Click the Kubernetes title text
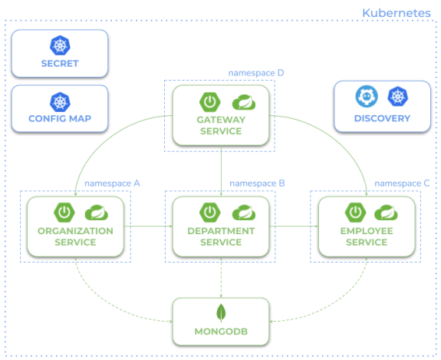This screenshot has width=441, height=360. (397, 12)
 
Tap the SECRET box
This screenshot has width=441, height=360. (60, 53)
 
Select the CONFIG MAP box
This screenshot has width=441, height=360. (60, 108)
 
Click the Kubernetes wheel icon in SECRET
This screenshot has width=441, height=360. (60, 44)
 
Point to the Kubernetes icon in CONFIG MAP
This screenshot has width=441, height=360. (60, 100)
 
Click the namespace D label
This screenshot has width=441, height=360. (256, 73)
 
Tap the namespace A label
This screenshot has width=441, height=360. (112, 183)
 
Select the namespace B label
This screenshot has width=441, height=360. (258, 183)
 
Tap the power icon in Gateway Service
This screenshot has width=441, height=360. (208, 101)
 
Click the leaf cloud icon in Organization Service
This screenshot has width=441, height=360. (95, 213)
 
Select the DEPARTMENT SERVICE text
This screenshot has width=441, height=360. (220, 236)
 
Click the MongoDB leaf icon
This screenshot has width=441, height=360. (221, 314)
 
